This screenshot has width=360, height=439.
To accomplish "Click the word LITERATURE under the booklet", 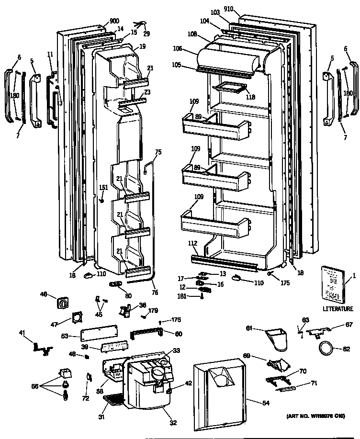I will [337, 309].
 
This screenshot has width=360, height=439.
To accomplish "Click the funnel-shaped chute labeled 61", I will [277, 336].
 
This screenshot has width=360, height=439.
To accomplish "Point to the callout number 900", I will [114, 21].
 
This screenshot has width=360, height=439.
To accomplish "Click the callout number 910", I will [228, 9].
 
